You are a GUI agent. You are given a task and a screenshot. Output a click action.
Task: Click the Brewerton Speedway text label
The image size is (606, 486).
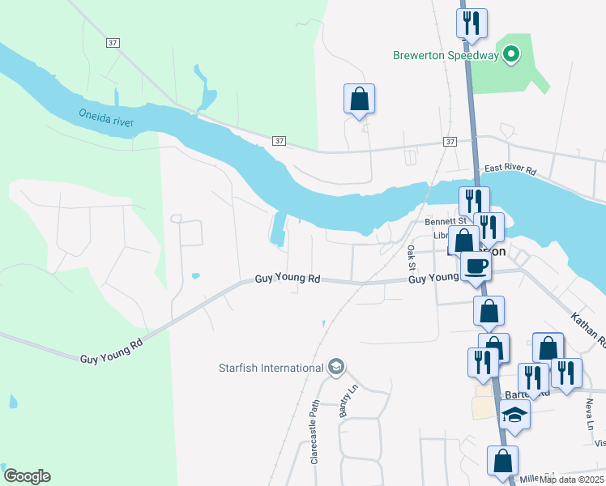coord(445,55)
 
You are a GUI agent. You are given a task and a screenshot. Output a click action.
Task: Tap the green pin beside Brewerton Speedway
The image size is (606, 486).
coord(510,55)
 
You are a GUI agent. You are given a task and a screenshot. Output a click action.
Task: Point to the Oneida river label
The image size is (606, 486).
coord(106,118)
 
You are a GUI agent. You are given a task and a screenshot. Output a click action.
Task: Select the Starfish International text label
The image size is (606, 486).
coord(271,369)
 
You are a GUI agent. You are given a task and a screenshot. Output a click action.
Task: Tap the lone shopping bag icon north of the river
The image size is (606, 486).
coord(359,100)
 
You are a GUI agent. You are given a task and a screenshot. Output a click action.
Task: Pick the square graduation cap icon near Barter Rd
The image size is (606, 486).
coord(514,415)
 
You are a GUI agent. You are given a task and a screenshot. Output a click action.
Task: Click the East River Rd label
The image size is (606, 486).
coord(510,171)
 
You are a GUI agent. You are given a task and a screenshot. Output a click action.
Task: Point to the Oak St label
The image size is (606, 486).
coord(411,258)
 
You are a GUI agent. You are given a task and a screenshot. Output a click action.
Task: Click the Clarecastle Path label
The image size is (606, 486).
coord(315,433)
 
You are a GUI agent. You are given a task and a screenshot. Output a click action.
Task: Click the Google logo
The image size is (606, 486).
coord(27,476)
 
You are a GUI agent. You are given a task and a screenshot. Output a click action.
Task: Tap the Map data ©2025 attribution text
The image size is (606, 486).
coord(571,480)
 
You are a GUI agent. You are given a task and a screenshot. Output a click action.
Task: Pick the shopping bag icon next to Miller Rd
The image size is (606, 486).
coord(502,462)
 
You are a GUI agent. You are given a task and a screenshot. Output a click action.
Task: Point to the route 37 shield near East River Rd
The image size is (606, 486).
coord(450,141)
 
